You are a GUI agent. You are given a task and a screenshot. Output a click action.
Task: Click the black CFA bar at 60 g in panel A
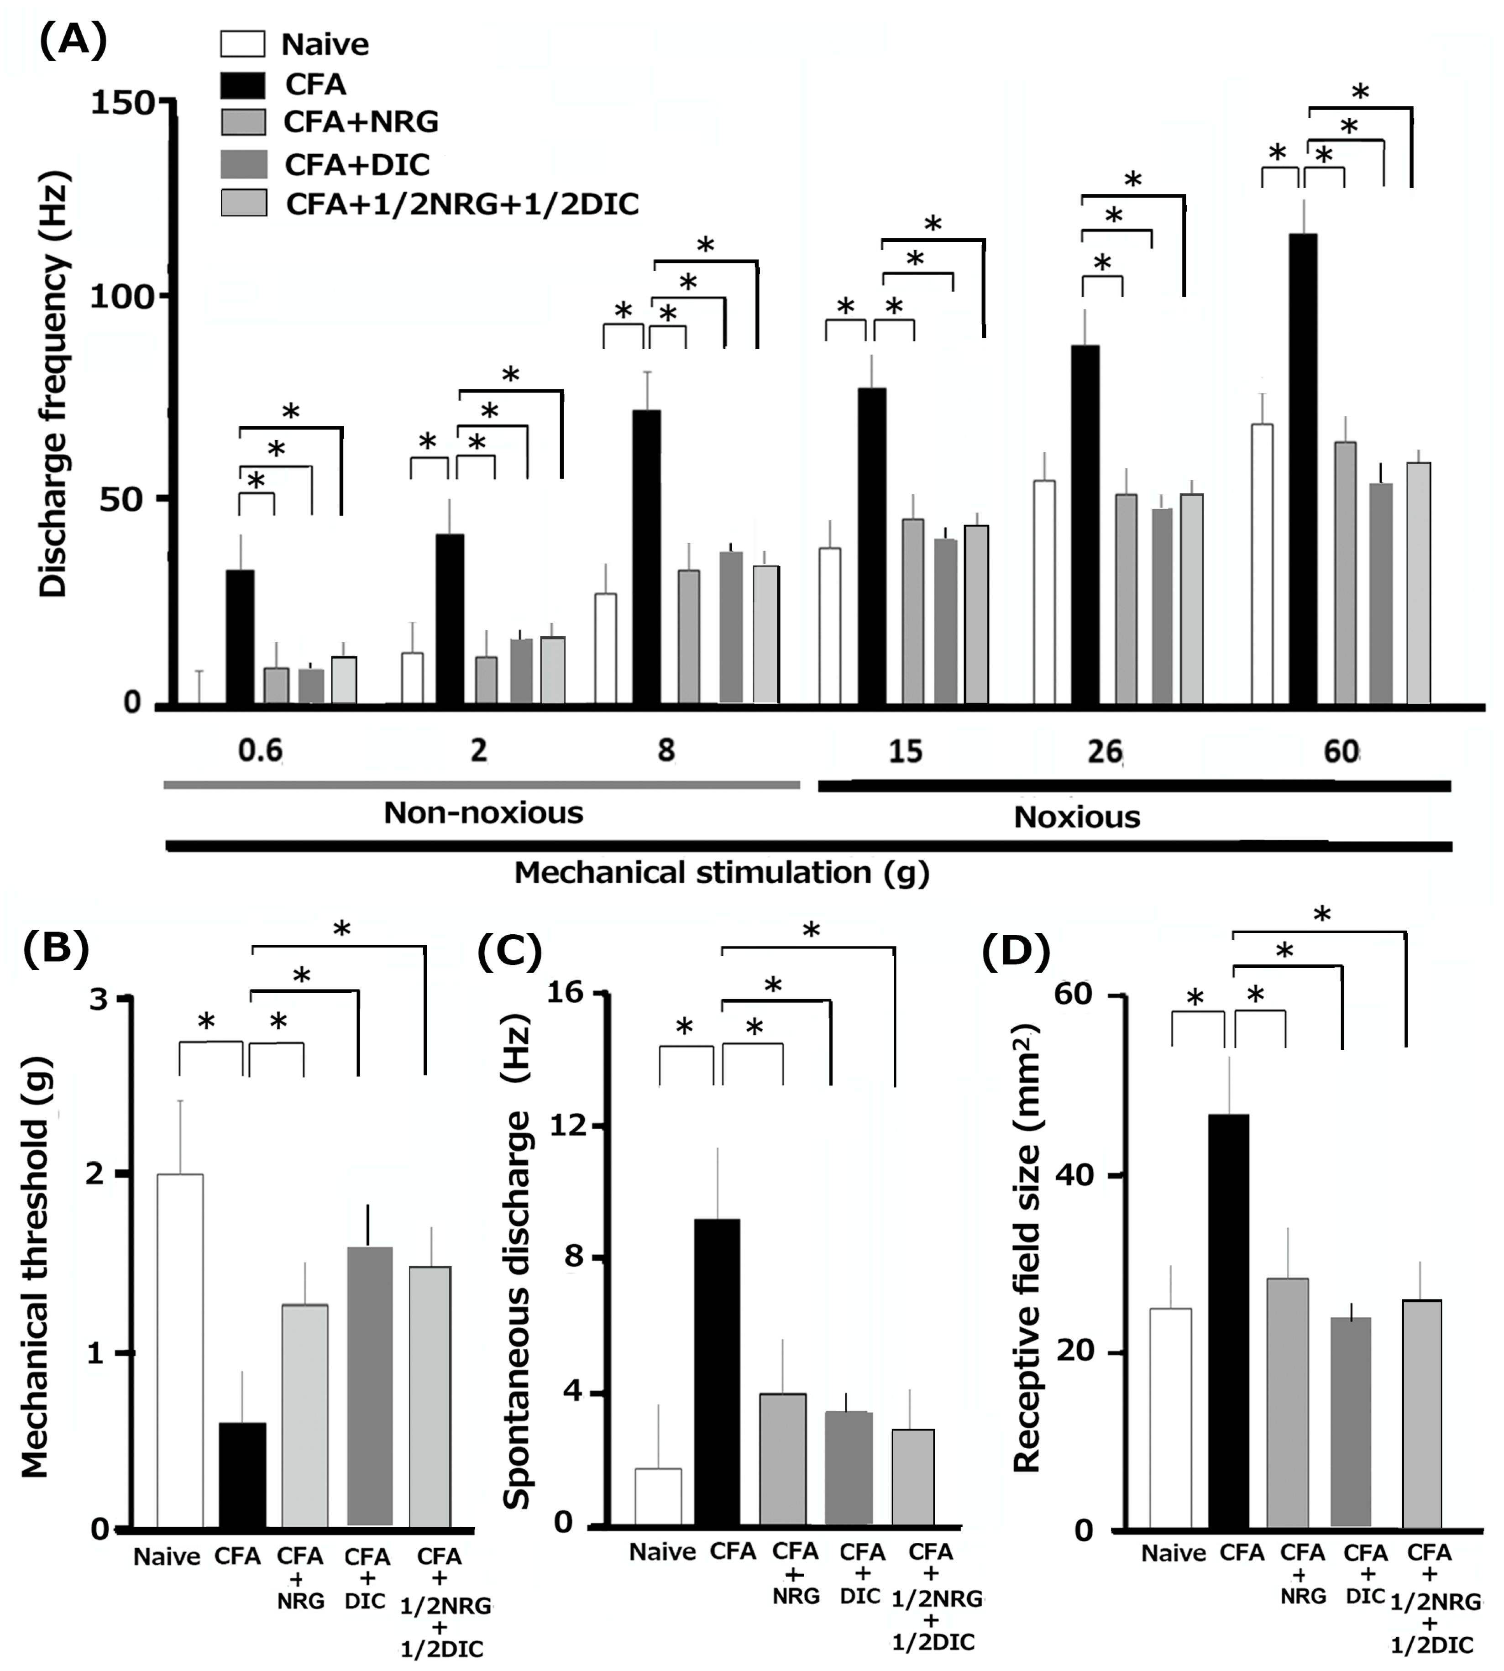(x=1303, y=469)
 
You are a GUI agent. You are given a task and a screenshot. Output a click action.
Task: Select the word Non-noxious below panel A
(x=483, y=813)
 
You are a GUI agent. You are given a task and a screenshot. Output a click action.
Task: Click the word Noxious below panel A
(x=1077, y=817)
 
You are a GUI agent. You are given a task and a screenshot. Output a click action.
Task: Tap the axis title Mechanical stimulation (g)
(x=722, y=873)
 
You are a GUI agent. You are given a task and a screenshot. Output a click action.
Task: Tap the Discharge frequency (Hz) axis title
(x=54, y=384)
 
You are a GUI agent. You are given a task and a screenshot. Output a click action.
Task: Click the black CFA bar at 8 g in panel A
(x=646, y=556)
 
